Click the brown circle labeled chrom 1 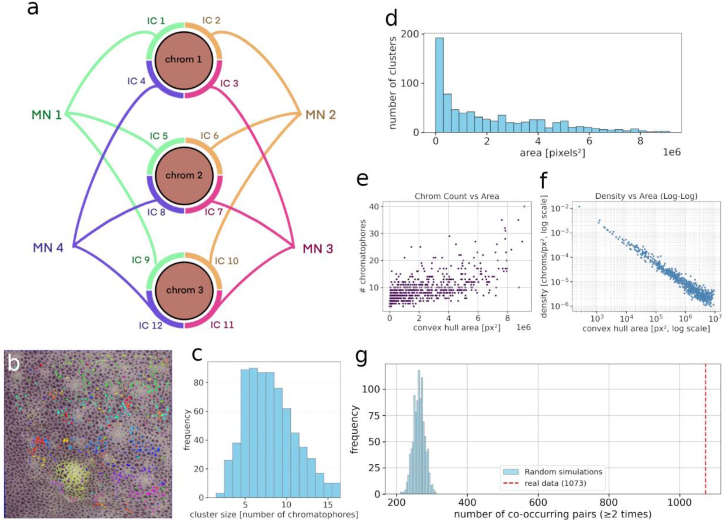(x=184, y=60)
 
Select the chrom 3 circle (x=184, y=290)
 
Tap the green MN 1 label (x=47, y=115)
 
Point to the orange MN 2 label (x=320, y=115)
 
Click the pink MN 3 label (x=318, y=249)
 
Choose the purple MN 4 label (x=48, y=248)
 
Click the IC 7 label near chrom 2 (x=214, y=212)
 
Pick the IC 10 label (x=227, y=261)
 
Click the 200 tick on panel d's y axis (x=410, y=34)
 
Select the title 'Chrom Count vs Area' (x=457, y=196)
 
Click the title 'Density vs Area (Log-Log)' (x=646, y=196)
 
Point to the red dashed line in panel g (x=705, y=429)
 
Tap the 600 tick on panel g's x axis (x=538, y=503)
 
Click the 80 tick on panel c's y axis (x=198, y=383)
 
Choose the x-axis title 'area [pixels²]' (x=552, y=153)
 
